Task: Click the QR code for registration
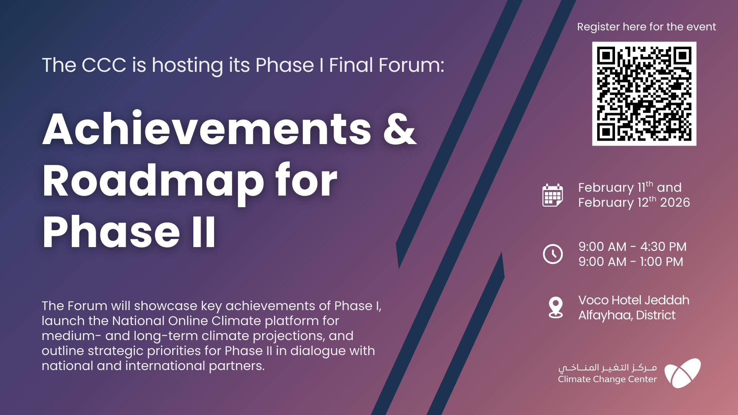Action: pos(644,94)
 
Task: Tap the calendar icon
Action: pos(553,195)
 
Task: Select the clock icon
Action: pos(553,254)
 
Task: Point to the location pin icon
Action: pos(556,308)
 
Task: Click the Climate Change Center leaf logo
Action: pos(683,373)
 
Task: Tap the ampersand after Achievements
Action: pos(400,129)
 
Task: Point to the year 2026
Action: pos(675,203)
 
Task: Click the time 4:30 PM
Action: pos(663,247)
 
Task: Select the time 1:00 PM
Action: pos(662,262)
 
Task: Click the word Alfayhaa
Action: pos(606,315)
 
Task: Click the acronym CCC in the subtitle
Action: pos(104,65)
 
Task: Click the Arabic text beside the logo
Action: pos(608,368)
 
